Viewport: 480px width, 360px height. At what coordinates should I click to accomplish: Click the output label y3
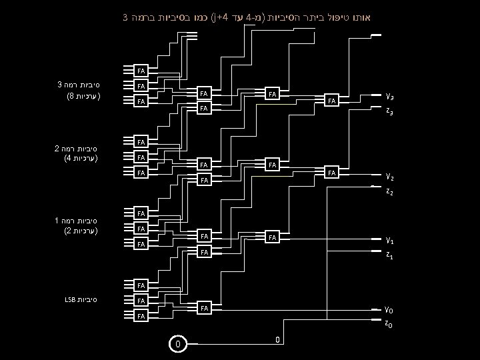pyautogui.click(x=389, y=95)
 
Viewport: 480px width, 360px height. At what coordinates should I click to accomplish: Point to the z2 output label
pyautogui.click(x=389, y=192)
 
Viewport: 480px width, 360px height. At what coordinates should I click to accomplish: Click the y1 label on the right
pyautogui.click(x=389, y=239)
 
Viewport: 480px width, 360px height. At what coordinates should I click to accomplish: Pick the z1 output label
pyautogui.click(x=389, y=255)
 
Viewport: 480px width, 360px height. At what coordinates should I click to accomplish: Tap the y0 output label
pyautogui.click(x=389, y=309)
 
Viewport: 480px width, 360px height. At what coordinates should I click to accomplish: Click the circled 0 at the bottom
pyautogui.click(x=177, y=344)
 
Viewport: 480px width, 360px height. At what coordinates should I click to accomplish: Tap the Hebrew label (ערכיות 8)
pyautogui.click(x=81, y=97)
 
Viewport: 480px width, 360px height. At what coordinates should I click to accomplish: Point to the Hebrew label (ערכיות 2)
pyautogui.click(x=81, y=231)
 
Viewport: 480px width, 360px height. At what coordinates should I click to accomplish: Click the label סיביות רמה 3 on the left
pyautogui.click(x=79, y=85)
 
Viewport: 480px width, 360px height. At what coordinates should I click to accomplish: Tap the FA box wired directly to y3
pyautogui.click(x=331, y=101)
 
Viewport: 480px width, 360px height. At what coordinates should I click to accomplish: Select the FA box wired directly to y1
pyautogui.click(x=272, y=237)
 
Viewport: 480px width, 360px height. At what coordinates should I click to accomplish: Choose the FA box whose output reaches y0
pyautogui.click(x=205, y=308)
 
